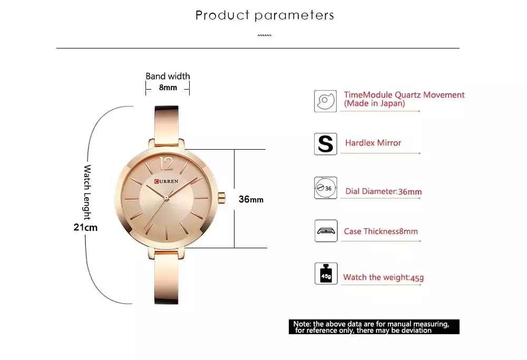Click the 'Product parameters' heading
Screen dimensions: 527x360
point(265,15)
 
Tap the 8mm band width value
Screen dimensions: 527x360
point(168,87)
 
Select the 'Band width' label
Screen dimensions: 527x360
point(168,76)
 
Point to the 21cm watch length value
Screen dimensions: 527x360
point(85,227)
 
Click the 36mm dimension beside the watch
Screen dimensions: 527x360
point(251,199)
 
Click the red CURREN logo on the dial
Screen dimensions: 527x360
point(167,181)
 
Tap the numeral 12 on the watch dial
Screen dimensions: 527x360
point(166,163)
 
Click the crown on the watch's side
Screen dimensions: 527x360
point(221,198)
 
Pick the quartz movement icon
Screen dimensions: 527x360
point(325,101)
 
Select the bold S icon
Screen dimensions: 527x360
point(325,144)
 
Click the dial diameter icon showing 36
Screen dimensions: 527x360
point(326,188)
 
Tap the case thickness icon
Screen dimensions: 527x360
point(326,230)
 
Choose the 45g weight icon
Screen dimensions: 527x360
point(326,274)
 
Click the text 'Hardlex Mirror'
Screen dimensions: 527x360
point(373,143)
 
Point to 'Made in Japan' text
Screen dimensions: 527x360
point(374,103)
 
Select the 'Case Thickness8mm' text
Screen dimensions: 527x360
point(381,231)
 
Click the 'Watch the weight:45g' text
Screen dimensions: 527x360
point(384,277)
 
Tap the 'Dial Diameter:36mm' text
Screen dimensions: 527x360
point(384,192)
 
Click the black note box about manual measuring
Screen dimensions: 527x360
point(374,327)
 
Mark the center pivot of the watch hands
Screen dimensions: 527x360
point(166,198)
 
